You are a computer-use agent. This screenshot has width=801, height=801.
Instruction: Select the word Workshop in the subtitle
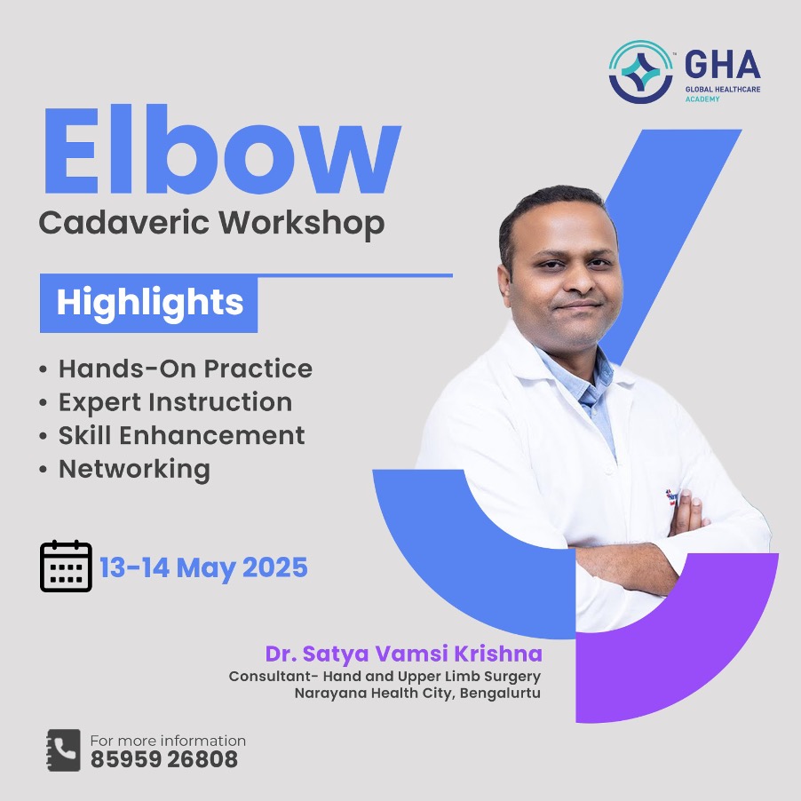pyautogui.click(x=301, y=224)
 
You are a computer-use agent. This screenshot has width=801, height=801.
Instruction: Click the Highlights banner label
pyautogui.click(x=149, y=303)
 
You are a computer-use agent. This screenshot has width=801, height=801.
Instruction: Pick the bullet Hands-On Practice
pyautogui.click(x=186, y=369)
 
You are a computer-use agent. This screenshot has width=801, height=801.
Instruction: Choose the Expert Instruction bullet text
pyautogui.click(x=175, y=402)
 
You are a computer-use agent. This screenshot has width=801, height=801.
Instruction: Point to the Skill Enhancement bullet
pyautogui.click(x=181, y=435)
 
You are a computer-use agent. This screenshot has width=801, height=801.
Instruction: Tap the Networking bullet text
pyautogui.click(x=134, y=469)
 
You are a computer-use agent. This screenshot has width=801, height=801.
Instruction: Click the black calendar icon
pyautogui.click(x=66, y=566)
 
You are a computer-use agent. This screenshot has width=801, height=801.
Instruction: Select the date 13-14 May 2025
pyautogui.click(x=203, y=567)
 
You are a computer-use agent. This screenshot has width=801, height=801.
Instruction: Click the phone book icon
pyautogui.click(x=63, y=749)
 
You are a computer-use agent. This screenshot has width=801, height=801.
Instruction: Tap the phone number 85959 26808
pyautogui.click(x=164, y=759)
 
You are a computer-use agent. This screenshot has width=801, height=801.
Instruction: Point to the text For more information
pyautogui.click(x=168, y=741)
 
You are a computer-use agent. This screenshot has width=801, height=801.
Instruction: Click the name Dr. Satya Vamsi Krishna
pyautogui.click(x=403, y=654)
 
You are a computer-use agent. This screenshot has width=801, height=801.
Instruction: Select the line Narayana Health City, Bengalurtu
pyautogui.click(x=417, y=694)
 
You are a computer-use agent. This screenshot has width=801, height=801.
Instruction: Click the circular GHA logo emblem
pyautogui.click(x=641, y=72)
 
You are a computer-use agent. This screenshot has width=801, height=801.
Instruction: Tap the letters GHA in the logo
pyautogui.click(x=722, y=64)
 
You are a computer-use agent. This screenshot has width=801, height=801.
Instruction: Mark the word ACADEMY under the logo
pyautogui.click(x=702, y=99)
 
